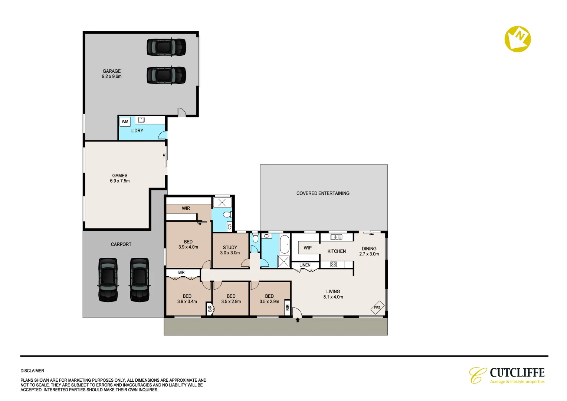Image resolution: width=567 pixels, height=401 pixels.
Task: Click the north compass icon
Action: point(517,39)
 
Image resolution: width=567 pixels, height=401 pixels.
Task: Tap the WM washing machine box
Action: point(125,121)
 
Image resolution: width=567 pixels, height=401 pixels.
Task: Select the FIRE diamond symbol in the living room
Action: point(377,307)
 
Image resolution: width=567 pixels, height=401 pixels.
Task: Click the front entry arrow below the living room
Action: point(297,320)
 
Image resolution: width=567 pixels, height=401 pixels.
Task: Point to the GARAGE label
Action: point(112,71)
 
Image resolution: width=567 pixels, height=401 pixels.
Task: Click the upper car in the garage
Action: point(166,47)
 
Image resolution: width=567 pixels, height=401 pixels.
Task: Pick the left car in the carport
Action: point(108,280)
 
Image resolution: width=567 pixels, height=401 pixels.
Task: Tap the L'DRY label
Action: point(137,131)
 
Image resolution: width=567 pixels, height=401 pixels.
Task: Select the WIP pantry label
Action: point(308,248)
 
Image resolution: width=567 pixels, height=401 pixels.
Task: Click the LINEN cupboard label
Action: point(305,265)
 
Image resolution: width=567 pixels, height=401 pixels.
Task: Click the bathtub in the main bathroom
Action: point(284,244)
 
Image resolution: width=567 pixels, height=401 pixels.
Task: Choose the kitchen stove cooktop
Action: point(333,264)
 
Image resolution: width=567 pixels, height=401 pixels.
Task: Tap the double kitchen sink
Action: point(336,237)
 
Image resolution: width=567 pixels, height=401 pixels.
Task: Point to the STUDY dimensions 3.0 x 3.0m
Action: point(230,253)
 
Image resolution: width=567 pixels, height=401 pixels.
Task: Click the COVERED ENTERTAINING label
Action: point(323,193)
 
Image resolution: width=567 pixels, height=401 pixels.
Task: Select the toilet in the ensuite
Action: point(227,215)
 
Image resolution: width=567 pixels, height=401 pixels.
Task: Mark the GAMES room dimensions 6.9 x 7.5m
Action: point(119,181)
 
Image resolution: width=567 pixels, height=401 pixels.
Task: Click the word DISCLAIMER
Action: point(32,371)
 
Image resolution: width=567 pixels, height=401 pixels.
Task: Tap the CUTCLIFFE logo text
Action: point(517,372)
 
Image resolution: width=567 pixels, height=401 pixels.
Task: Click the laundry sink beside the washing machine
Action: point(141,120)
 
